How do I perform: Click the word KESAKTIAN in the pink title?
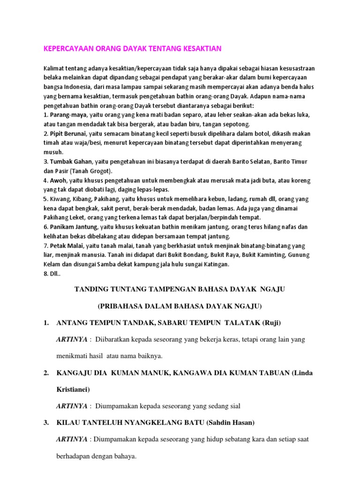click(199, 49)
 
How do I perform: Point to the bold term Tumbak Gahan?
click(70, 162)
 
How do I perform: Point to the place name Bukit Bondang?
click(174, 255)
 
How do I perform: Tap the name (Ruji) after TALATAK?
click(271, 322)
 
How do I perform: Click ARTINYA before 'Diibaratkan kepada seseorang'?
click(71, 339)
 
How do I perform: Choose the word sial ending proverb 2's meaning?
click(234, 406)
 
